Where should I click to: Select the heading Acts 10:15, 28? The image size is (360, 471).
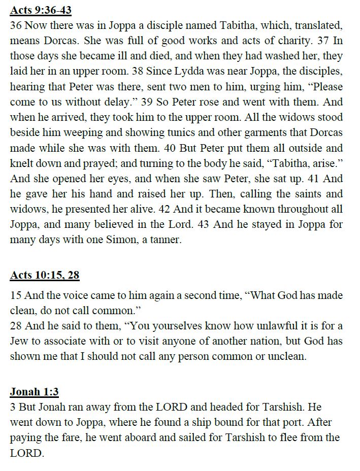click(x=45, y=276)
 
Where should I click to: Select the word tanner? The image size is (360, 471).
click(x=163, y=240)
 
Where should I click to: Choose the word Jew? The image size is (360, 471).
click(x=20, y=341)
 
